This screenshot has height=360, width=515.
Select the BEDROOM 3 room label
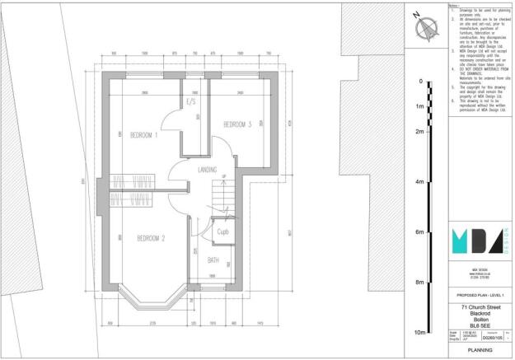tap(237, 124)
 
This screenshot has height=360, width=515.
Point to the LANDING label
tap(208, 170)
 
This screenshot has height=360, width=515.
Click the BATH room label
tap(213, 261)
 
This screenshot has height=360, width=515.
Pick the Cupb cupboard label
tap(222, 232)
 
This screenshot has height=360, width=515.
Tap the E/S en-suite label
tap(191, 102)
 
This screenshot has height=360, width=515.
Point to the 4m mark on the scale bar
tap(419, 182)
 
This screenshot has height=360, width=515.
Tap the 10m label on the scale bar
tap(419, 332)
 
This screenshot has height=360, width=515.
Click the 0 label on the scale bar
tap(420, 82)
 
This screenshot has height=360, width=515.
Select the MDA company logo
tap(475, 239)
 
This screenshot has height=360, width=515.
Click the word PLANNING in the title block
tap(480, 349)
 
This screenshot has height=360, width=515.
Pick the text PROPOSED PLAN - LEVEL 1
tap(480, 293)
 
